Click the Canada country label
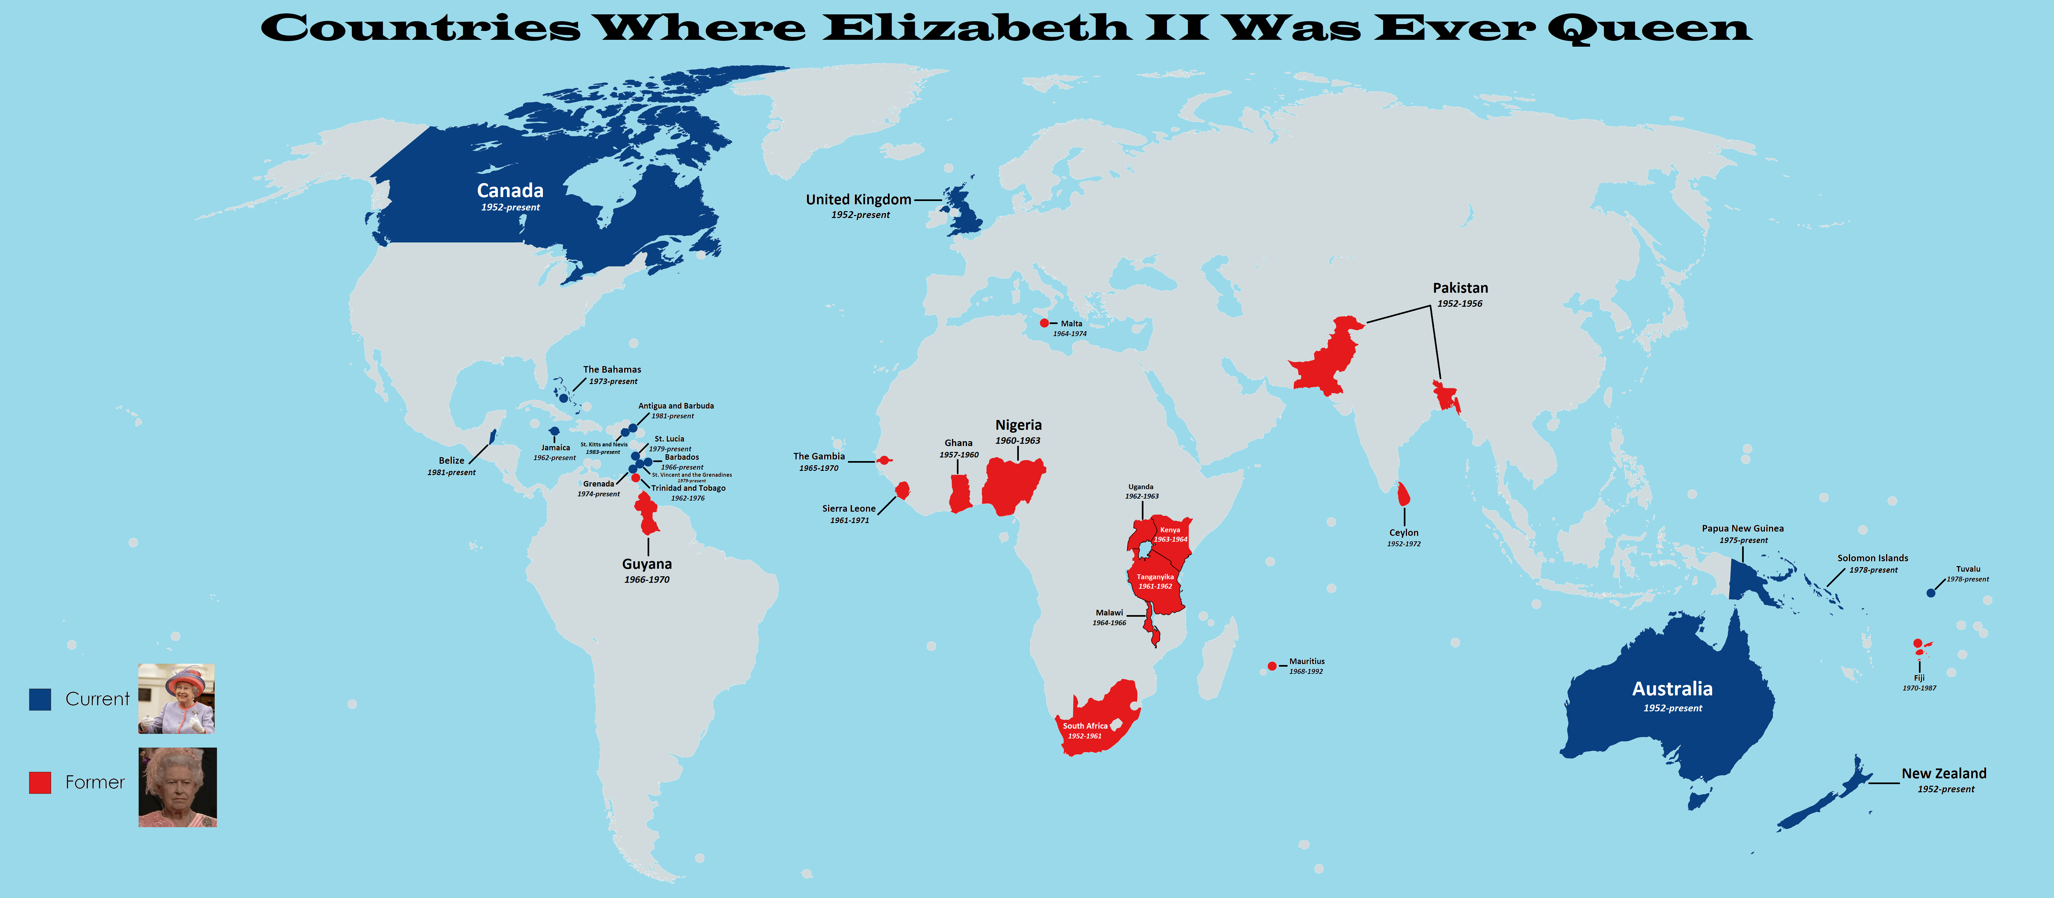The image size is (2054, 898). coord(510,191)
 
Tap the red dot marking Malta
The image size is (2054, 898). coord(1044,323)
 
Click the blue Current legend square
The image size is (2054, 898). coord(40,699)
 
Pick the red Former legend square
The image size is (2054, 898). coord(40,782)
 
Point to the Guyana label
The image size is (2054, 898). coord(647,564)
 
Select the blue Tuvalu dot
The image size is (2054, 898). coord(1930,593)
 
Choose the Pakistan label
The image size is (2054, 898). coord(1460,288)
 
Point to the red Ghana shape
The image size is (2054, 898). coord(959,494)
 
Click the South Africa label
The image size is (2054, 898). coord(1084,726)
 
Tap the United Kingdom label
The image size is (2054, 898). coord(858,199)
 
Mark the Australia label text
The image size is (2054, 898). coord(1672,689)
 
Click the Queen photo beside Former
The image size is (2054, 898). coord(177,787)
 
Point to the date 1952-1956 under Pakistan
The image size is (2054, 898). coord(1459,304)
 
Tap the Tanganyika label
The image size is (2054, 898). coord(1155,577)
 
